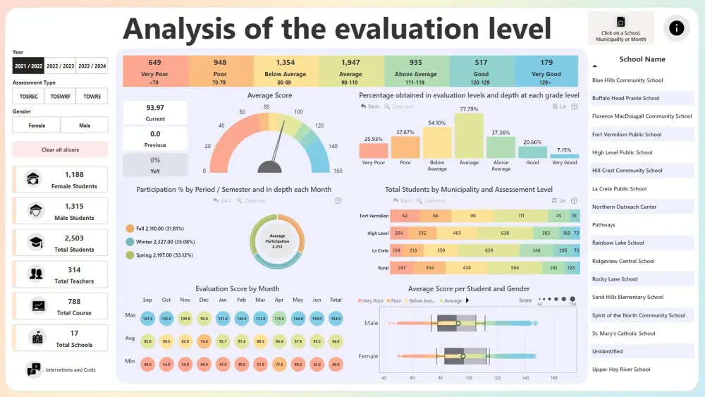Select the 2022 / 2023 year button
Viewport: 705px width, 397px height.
60,66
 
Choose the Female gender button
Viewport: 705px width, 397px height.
37,126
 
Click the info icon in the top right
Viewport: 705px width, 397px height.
676,28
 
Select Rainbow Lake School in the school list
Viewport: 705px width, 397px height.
618,243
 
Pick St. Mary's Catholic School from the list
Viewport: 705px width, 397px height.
623,334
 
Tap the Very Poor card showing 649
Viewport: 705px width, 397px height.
154,71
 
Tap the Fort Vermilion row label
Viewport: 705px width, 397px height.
374,216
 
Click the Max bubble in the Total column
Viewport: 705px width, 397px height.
336,319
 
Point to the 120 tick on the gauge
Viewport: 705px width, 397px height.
319,126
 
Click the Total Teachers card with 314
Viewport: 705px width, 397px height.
60,274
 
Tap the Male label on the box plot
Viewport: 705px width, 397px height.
371,323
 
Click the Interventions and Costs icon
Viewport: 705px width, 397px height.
33,369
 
